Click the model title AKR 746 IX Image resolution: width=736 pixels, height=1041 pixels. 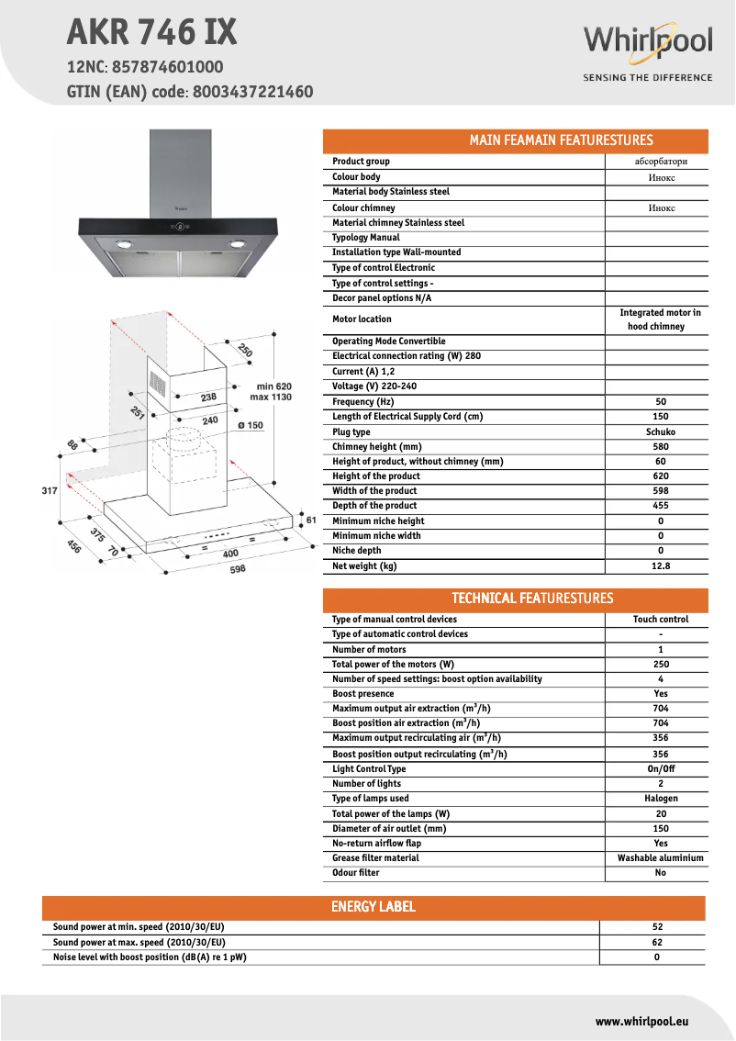[x=151, y=33]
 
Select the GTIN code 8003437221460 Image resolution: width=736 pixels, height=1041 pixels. [x=252, y=92]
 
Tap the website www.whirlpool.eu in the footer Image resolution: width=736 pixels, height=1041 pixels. [x=641, y=1021]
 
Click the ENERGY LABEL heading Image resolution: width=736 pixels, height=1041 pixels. [x=373, y=907]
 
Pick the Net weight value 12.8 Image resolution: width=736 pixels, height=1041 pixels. [x=661, y=566]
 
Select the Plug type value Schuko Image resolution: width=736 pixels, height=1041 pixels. [x=661, y=431]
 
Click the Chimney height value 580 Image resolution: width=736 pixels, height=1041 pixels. [x=661, y=447]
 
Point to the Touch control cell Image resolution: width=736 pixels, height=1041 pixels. [x=661, y=620]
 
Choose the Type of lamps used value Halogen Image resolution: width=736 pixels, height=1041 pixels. [x=661, y=799]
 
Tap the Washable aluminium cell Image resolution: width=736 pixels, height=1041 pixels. [x=661, y=858]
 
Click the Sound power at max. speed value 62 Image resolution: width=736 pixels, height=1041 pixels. [x=657, y=943]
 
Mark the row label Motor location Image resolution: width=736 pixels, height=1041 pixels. [x=362, y=319]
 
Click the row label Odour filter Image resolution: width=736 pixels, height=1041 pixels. [x=355, y=873]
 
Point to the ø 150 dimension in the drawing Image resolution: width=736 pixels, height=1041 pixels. [x=250, y=425]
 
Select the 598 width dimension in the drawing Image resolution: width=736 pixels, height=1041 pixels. [x=238, y=570]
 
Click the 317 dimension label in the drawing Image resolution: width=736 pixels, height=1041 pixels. [x=50, y=491]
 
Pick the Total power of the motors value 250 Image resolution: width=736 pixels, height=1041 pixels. [x=661, y=665]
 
